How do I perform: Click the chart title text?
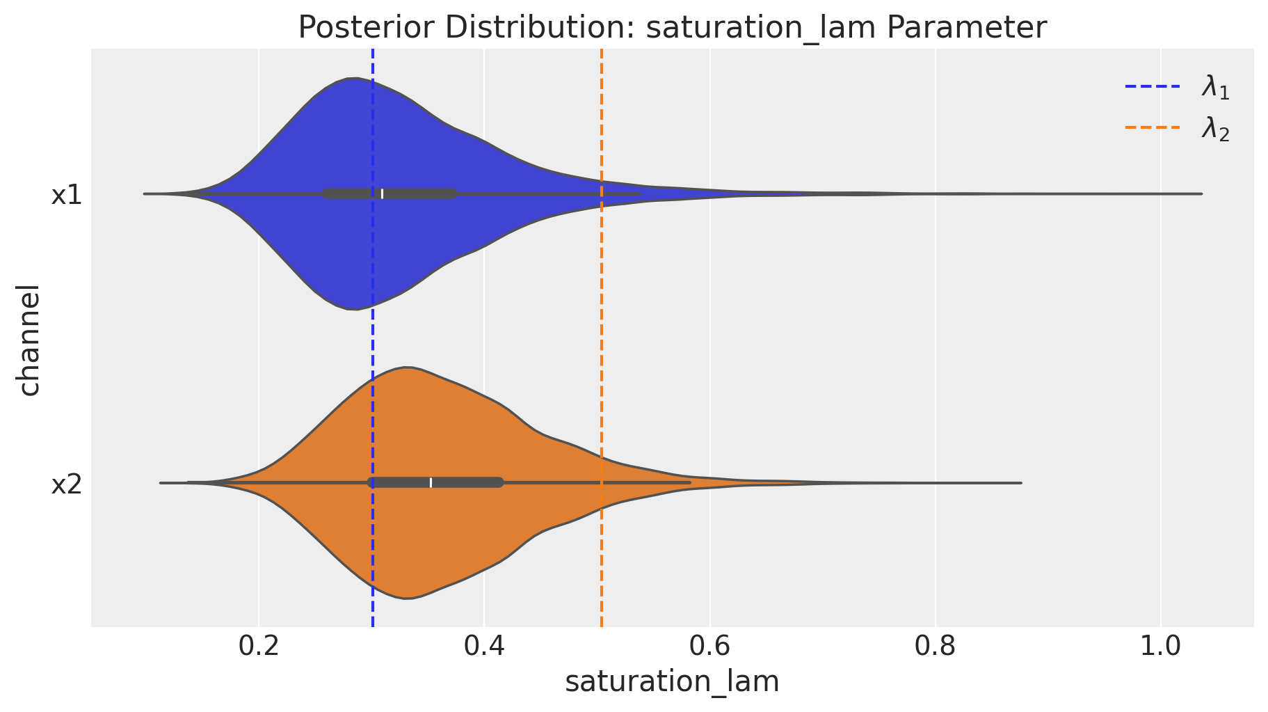point(672,28)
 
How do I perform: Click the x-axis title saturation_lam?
point(672,682)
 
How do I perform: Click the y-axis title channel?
point(29,339)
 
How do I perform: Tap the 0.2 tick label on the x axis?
point(258,647)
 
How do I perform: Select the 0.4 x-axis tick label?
point(484,647)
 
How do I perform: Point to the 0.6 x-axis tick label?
point(709,647)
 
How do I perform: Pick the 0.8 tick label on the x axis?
point(936,647)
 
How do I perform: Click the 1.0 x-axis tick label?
point(1161,647)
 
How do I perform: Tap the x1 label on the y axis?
point(67,196)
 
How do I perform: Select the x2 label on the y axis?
point(67,484)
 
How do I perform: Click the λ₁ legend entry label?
point(1215,88)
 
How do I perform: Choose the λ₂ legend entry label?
point(1215,129)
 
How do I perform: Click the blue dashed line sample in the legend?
point(1153,87)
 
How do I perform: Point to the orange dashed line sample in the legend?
point(1153,127)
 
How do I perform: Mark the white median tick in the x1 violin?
point(382,193)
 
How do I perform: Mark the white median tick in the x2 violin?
point(431,482)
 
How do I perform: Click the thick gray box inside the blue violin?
point(417,193)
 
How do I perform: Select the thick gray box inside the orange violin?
point(466,482)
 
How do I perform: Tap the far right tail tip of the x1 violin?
point(1201,193)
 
